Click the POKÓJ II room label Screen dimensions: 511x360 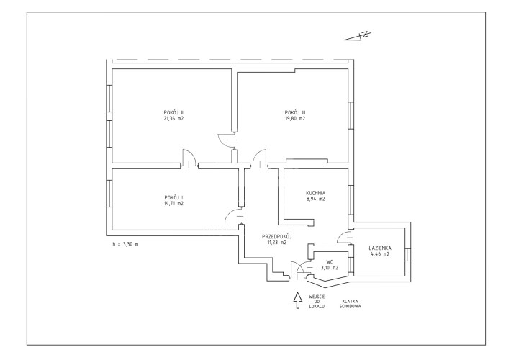[173, 113]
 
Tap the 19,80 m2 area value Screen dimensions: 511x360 [295, 119]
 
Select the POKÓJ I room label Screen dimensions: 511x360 [173, 197]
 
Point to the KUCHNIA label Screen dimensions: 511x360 [315, 193]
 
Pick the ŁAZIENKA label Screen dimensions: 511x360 [381, 248]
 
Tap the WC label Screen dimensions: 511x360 [330, 262]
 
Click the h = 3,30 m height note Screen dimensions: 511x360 [125, 244]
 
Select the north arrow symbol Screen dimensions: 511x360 [358, 36]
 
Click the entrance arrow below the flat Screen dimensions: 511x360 [297, 300]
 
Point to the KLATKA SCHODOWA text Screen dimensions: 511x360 [351, 304]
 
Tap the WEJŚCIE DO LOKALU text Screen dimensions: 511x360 [317, 302]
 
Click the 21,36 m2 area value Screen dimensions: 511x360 [173, 119]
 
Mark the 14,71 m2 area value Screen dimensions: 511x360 [173, 204]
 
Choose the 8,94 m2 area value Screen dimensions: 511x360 [315, 199]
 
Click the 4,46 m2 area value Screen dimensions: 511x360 [381, 253]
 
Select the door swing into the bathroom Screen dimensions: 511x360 [344, 237]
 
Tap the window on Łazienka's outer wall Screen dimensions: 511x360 [407, 255]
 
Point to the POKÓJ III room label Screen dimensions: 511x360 [295, 113]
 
